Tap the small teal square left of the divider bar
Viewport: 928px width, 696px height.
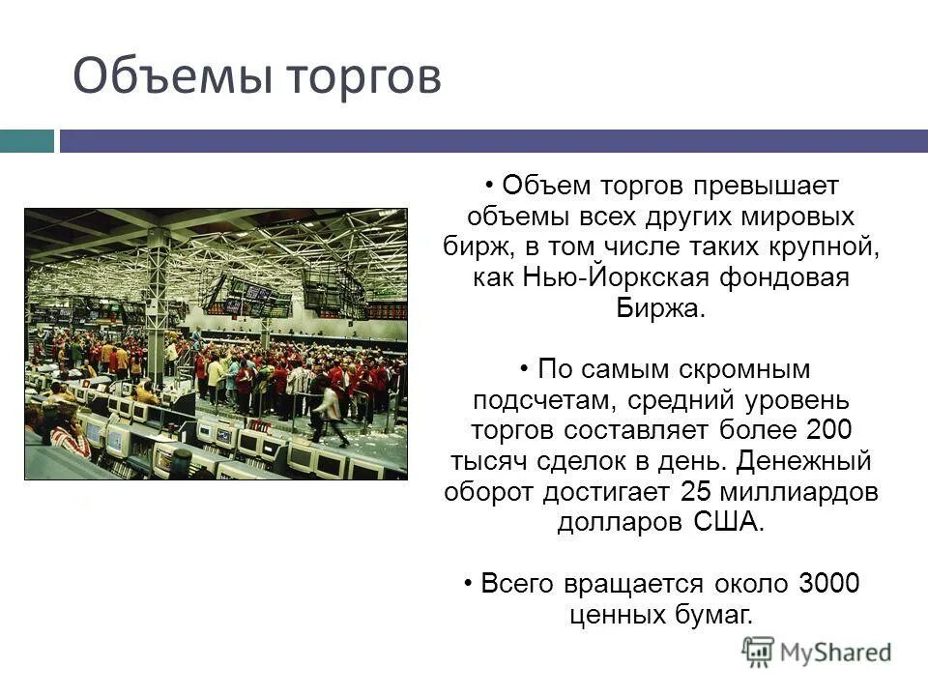pyautogui.click(x=26, y=141)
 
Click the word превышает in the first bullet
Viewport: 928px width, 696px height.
pyautogui.click(x=758, y=184)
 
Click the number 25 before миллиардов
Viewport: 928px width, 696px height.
pyautogui.click(x=696, y=491)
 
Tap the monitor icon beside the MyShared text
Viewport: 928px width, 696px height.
pyautogui.click(x=759, y=652)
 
